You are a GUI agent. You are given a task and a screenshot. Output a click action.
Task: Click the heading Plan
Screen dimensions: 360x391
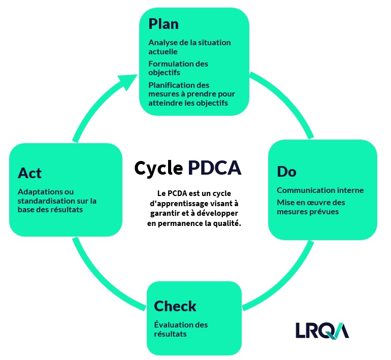point(164,24)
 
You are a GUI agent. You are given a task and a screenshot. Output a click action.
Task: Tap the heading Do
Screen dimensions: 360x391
point(286,172)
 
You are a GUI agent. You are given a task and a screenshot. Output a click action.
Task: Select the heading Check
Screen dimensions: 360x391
point(175,306)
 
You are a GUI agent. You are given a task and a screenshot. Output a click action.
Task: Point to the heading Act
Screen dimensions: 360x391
point(29,173)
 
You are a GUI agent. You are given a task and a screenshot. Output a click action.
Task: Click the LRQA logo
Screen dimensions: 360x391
point(322,331)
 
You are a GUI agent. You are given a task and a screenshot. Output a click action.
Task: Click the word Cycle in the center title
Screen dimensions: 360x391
point(158,168)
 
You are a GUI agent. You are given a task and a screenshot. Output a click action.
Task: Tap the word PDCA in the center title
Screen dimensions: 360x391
point(214,168)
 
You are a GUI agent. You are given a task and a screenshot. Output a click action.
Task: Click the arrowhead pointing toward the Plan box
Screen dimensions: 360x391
point(127,82)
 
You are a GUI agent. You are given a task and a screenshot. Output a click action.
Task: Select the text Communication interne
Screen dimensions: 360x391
point(320,190)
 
